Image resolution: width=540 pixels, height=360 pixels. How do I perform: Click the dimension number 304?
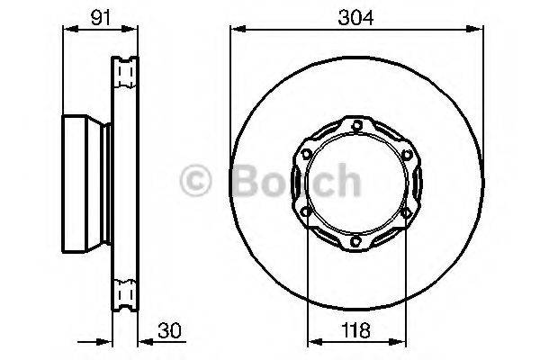(357, 14)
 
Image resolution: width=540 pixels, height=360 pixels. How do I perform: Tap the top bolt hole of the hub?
(358, 124)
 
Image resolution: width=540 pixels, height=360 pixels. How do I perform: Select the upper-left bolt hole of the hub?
(307, 154)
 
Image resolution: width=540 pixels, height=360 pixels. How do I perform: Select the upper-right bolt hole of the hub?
(409, 154)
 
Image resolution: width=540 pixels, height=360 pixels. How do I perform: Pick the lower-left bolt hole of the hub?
(307, 213)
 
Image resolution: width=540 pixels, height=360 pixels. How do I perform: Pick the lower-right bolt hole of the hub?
(409, 213)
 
